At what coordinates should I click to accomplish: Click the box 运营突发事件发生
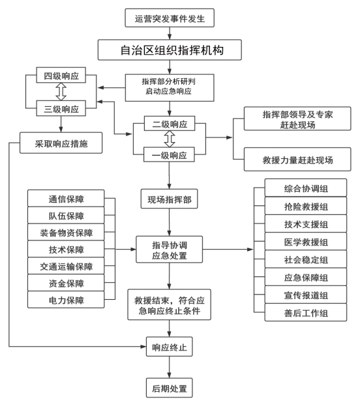170,18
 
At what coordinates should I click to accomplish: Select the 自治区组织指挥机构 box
170,50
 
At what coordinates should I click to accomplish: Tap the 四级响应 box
61,75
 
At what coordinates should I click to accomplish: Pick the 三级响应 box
61,108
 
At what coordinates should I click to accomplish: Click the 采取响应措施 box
61,143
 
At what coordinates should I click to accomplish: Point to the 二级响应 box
170,124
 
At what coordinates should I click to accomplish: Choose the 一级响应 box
170,154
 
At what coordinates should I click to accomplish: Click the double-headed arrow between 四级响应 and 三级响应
61,92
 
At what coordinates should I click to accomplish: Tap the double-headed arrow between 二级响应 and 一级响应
170,139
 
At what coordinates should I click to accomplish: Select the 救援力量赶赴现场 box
297,159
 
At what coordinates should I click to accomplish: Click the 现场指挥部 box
170,199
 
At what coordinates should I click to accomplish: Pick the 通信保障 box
66,198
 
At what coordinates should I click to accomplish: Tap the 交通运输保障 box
66,266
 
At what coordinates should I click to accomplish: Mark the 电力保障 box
66,300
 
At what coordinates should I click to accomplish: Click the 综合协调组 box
306,188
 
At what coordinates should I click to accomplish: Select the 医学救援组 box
306,241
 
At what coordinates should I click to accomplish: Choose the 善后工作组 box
306,313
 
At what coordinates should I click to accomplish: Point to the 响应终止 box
170,347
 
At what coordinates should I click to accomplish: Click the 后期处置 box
170,388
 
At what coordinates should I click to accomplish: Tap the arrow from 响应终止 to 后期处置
170,368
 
